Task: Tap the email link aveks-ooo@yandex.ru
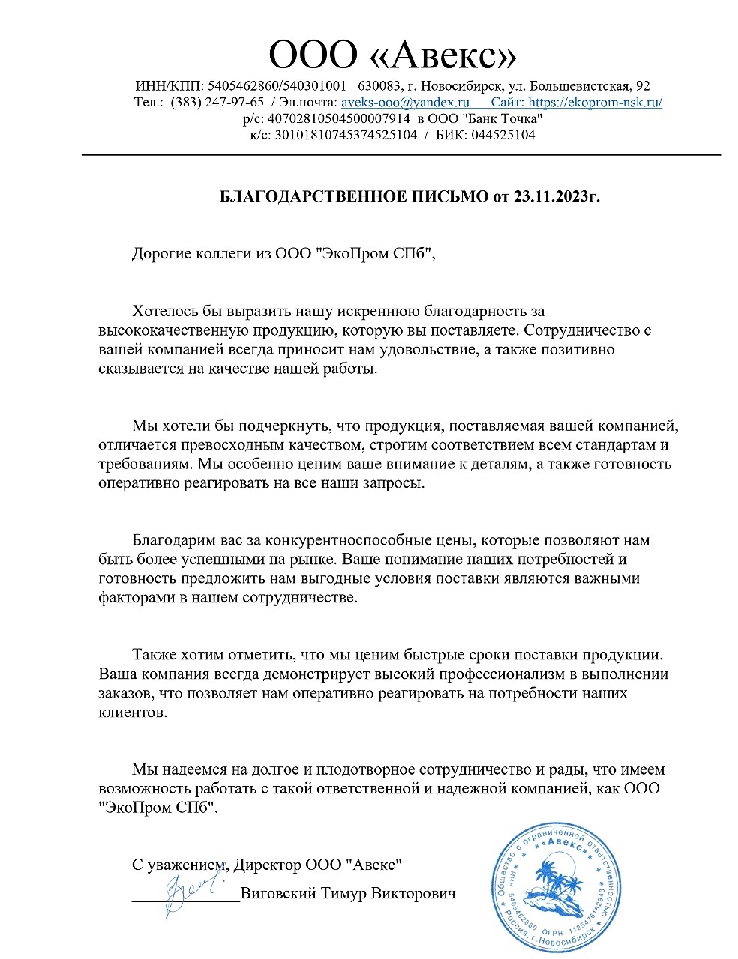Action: [x=405, y=103]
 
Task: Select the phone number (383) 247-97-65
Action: [x=217, y=103]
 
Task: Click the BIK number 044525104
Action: [x=502, y=136]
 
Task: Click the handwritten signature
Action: [x=187, y=892]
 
